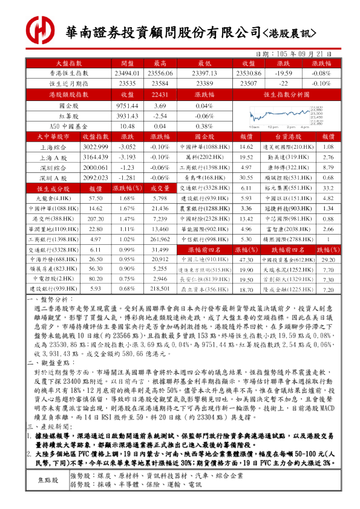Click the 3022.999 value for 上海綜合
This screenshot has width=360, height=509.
click(x=95, y=147)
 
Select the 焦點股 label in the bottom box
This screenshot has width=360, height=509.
click(x=48, y=480)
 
